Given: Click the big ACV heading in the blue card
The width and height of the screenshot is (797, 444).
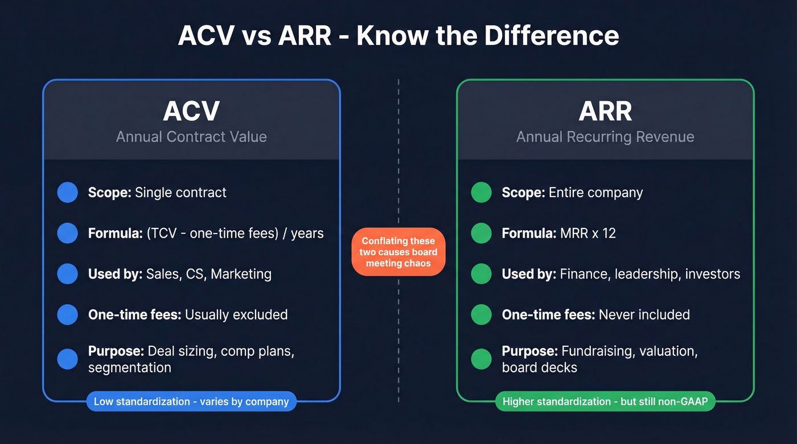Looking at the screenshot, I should click(x=191, y=111).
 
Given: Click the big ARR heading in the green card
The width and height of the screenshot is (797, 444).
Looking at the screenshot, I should click(x=605, y=111).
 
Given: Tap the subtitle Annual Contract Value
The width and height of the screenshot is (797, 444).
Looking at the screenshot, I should click(x=191, y=137).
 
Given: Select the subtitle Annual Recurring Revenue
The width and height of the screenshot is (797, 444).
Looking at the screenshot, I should click(x=605, y=137).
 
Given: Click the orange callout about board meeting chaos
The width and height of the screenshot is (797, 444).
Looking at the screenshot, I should click(x=398, y=252).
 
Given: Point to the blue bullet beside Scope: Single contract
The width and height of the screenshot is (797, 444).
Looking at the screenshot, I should click(x=68, y=192).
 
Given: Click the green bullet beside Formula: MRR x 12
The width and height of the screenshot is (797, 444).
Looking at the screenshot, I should click(x=481, y=233).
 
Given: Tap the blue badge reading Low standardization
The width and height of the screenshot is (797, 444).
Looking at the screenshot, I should click(x=191, y=401).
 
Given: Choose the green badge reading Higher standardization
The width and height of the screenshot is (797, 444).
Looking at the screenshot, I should click(x=605, y=401).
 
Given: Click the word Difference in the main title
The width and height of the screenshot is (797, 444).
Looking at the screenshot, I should click(x=552, y=35).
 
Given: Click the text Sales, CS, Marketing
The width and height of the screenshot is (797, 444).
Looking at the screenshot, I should click(x=208, y=274).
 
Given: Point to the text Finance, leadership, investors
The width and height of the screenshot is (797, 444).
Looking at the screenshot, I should click(x=650, y=274).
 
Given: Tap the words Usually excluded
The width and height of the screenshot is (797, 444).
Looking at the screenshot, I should click(x=236, y=314).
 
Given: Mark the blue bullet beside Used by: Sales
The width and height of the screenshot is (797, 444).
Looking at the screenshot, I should click(x=68, y=274).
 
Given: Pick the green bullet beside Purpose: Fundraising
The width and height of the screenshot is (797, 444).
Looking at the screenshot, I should click(x=481, y=359).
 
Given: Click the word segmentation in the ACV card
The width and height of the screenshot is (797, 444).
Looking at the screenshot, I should click(x=130, y=368).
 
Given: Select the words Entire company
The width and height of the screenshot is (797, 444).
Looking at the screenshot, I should click(x=595, y=192).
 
